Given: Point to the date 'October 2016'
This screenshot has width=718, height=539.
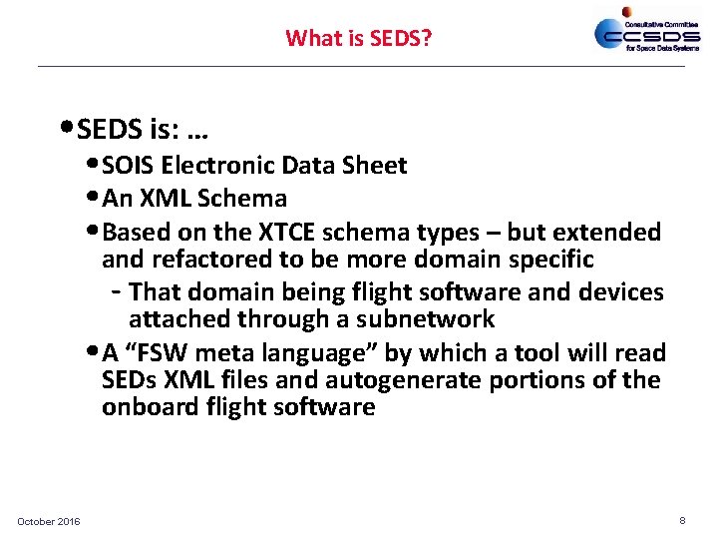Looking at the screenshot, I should [49, 522].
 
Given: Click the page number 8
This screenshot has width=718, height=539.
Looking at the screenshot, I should [682, 521].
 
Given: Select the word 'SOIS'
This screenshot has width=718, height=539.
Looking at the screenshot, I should [128, 166].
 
